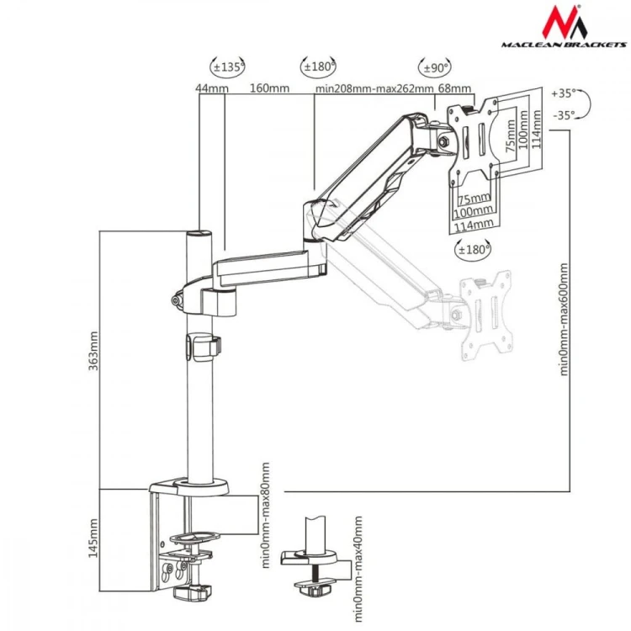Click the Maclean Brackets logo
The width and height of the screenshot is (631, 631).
pyautogui.click(x=564, y=27)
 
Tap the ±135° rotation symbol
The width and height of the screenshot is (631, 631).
pyautogui.click(x=227, y=66)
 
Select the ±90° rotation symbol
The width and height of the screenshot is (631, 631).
pyautogui.click(x=435, y=67)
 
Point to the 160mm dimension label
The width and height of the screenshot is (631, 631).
pyautogui.click(x=269, y=87)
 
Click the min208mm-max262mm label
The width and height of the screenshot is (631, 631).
pyautogui.click(x=374, y=88)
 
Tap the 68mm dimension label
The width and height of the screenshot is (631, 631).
pyautogui.click(x=454, y=88)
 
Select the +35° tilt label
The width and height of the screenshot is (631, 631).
pyautogui.click(x=564, y=93)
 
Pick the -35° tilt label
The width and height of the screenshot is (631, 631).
pyautogui.click(x=564, y=115)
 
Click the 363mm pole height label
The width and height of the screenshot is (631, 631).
pyautogui.click(x=93, y=351)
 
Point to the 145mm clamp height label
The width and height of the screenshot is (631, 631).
pyautogui.click(x=93, y=538)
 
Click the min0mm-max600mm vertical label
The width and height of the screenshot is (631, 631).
pyautogui.click(x=564, y=320)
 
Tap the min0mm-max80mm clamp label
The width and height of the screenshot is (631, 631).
pyautogui.click(x=266, y=515)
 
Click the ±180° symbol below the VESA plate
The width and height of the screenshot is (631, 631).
pyautogui.click(x=473, y=250)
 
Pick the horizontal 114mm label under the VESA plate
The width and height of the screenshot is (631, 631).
pyautogui.click(x=474, y=225)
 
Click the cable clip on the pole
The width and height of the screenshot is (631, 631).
pyautogui.click(x=204, y=346)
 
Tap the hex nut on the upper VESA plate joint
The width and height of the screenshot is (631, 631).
pyautogui.click(x=443, y=141)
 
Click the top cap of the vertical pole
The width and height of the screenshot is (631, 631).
pyautogui.click(x=199, y=233)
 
